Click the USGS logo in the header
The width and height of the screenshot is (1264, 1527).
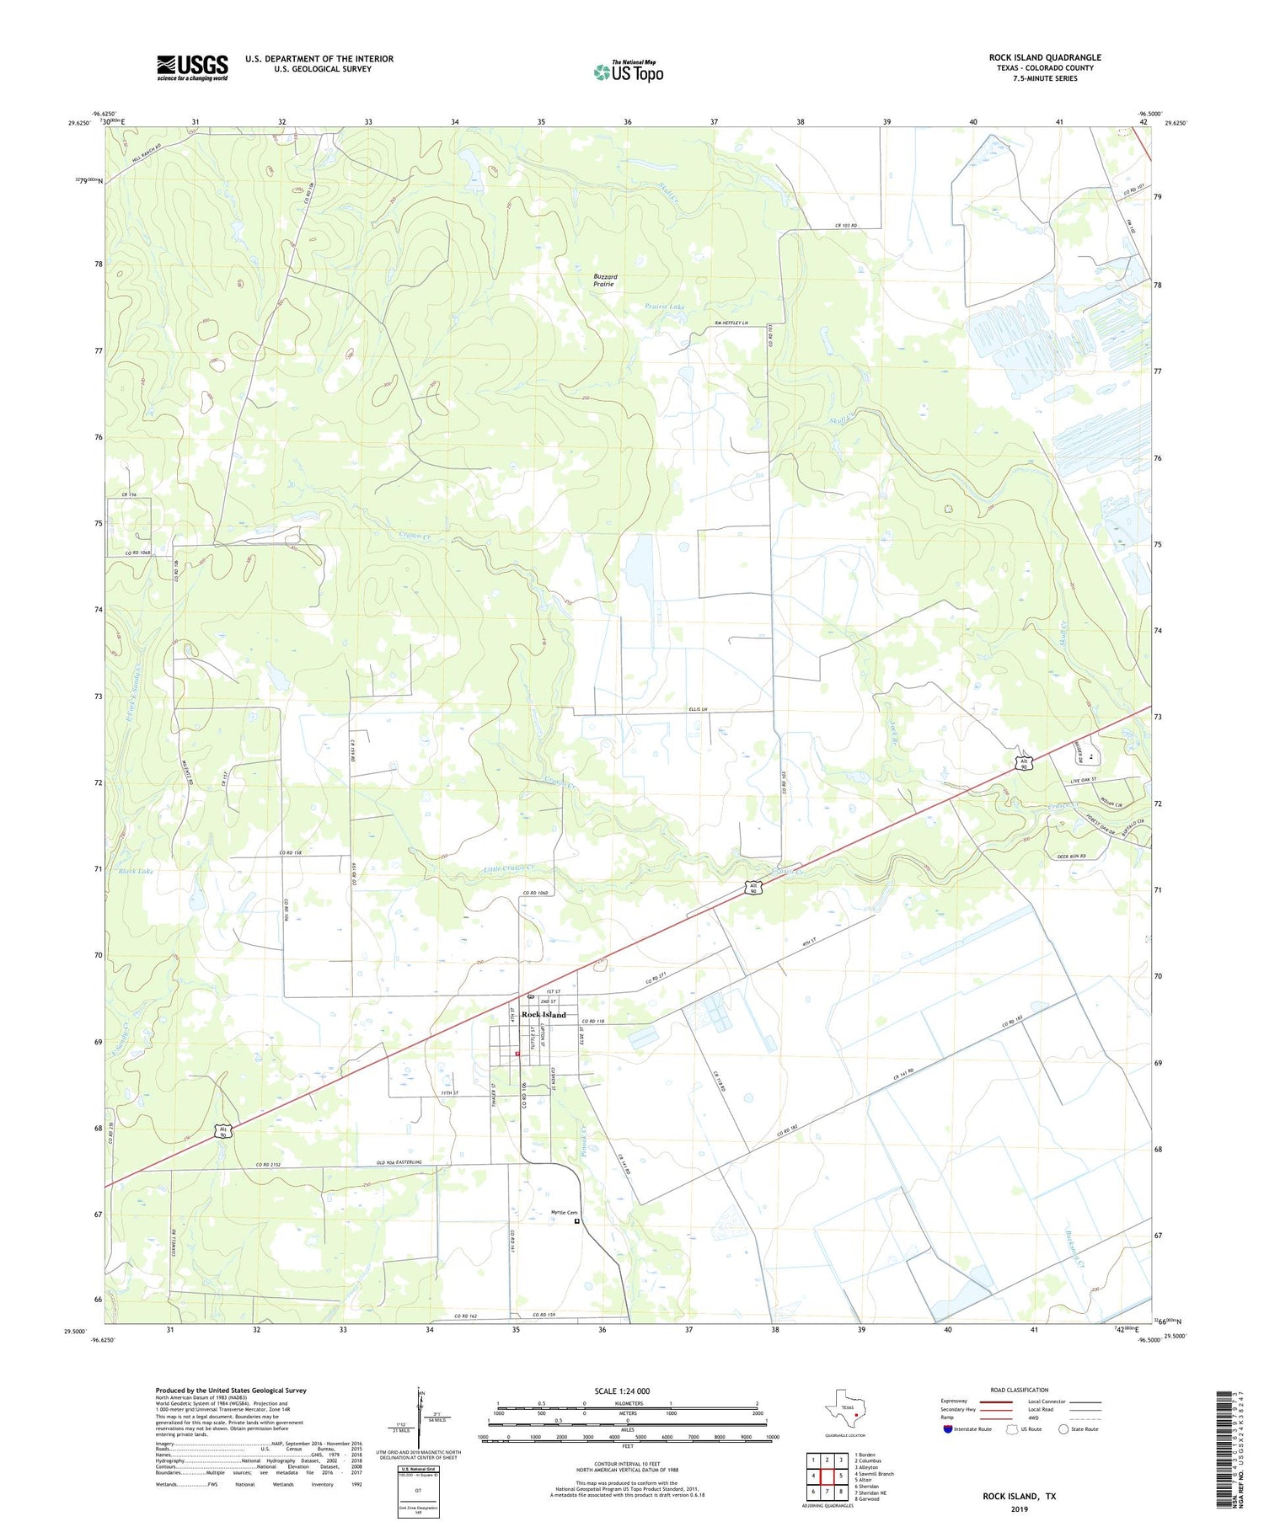click(x=192, y=67)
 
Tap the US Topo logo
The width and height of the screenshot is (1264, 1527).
click(x=629, y=72)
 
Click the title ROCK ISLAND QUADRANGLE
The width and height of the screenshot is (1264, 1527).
click(x=1045, y=58)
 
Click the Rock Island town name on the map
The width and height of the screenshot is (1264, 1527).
click(x=544, y=1015)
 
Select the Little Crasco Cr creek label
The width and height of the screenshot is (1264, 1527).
click(x=510, y=868)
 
